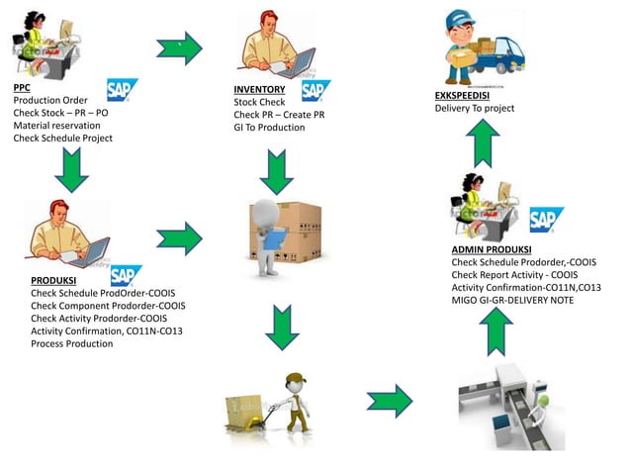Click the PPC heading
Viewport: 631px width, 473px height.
(22, 87)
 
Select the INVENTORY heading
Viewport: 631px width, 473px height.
(259, 90)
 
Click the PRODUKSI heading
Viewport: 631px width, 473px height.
(54, 280)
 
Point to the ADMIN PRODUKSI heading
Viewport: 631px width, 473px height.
(492, 248)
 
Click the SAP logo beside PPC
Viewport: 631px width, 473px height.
(122, 91)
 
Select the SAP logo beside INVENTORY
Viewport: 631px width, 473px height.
(315, 91)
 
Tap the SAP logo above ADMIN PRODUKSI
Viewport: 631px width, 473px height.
(546, 219)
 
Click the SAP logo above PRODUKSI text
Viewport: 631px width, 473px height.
(126, 276)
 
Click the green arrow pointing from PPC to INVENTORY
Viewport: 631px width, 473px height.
(179, 47)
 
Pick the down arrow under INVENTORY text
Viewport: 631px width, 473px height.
(276, 171)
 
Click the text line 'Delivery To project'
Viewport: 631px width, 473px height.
(475, 109)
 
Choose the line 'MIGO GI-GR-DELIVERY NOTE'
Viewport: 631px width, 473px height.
(512, 300)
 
